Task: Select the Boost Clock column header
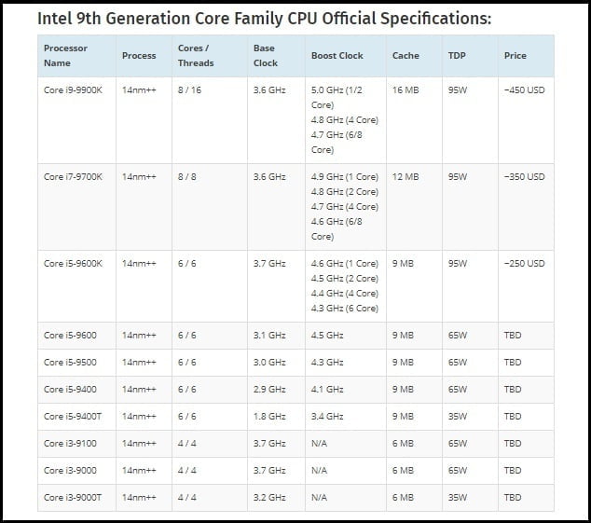pos(337,55)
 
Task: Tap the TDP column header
pos(457,55)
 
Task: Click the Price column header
pos(515,55)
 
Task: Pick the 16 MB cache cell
pos(405,90)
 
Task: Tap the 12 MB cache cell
pos(405,176)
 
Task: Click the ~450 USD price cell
pos(523,90)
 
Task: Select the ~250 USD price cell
pos(523,263)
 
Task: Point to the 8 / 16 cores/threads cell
pos(191,90)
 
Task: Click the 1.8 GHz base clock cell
pos(269,416)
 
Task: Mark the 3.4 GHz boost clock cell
pos(327,416)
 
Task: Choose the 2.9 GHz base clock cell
pos(269,389)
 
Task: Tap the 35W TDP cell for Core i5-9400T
pos(457,416)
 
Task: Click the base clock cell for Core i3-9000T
pos(269,497)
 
